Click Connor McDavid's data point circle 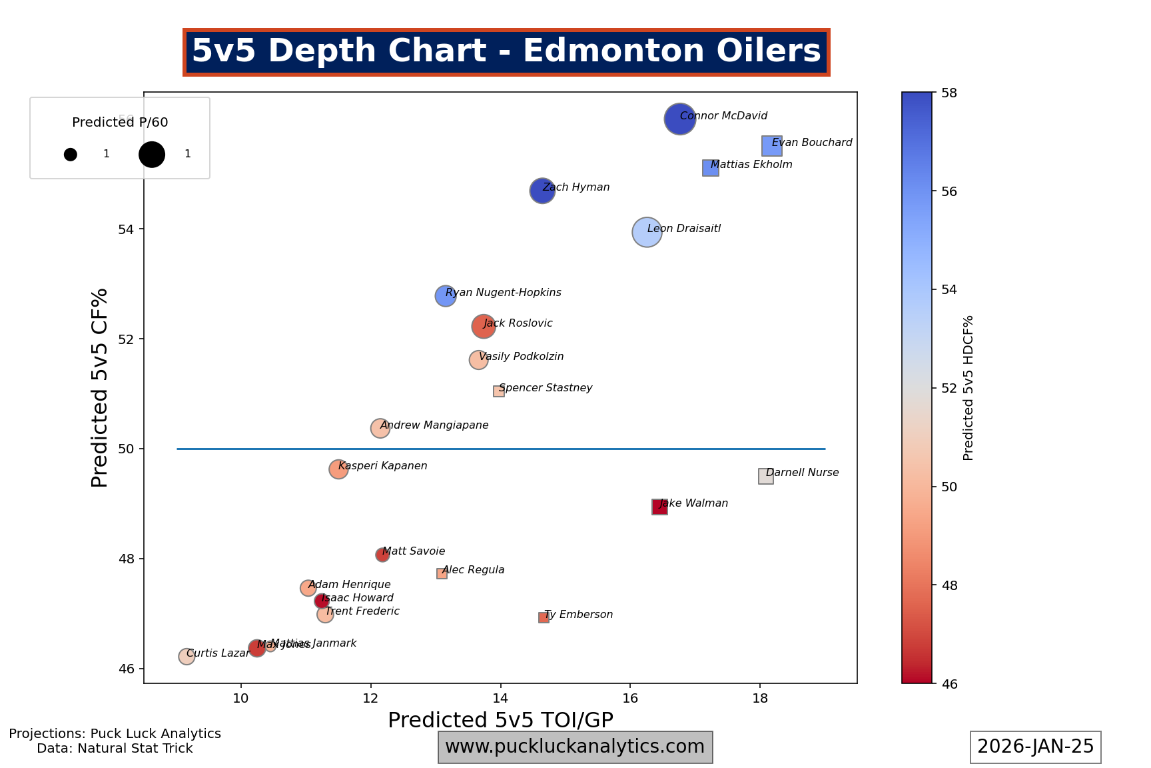tap(679, 119)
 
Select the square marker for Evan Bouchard tap(771, 146)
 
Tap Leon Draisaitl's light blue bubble tap(646, 232)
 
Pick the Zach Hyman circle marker tap(542, 191)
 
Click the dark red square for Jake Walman tap(659, 507)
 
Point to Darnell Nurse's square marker tap(765, 477)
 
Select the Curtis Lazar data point tap(187, 657)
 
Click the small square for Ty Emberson tap(544, 618)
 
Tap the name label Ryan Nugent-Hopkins tap(503, 293)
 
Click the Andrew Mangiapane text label tap(434, 425)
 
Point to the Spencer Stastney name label tap(545, 388)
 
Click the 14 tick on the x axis tap(500, 697)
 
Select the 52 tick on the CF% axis tap(126, 339)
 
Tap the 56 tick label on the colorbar tap(949, 192)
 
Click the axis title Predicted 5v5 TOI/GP tap(500, 720)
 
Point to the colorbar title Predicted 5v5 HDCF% tap(968, 388)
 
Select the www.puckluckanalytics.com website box tap(575, 747)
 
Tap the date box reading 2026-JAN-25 tap(1035, 747)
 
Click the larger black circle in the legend tap(152, 154)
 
